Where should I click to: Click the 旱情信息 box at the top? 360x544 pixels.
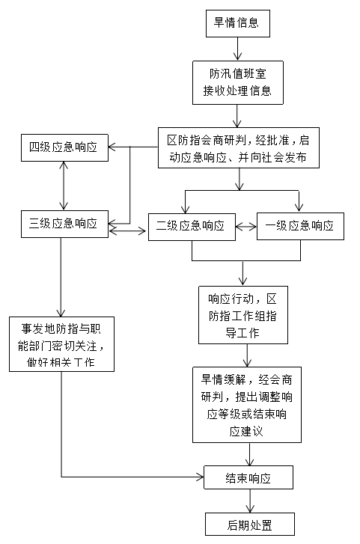click(237, 22)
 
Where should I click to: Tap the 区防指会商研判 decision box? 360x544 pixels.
click(237, 148)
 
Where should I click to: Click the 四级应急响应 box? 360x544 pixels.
click(64, 147)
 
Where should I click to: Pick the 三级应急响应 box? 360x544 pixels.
click(64, 222)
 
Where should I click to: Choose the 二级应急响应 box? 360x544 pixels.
click(191, 225)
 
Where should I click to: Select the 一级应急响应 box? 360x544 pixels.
click(300, 225)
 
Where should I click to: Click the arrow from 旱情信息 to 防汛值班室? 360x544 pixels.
click(238, 48)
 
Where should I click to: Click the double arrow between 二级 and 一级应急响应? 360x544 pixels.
click(245, 225)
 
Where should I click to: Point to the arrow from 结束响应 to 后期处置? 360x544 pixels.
click(248, 501)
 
